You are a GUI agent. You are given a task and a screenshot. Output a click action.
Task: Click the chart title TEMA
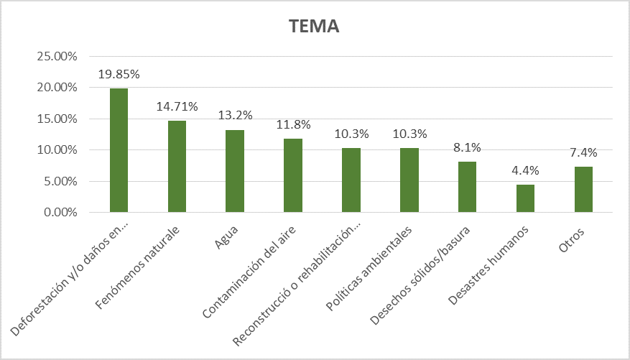[314, 27]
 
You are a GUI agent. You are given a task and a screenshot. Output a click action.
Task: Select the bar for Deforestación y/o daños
[119, 150]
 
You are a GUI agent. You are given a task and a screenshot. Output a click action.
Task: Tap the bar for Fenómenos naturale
[177, 166]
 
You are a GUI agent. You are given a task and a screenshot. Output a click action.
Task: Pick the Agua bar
[235, 171]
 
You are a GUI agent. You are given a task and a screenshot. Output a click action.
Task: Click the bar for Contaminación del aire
[293, 175]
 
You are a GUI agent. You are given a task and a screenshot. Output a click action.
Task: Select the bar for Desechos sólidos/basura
[467, 187]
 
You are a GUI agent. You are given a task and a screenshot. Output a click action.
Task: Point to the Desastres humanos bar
[525, 198]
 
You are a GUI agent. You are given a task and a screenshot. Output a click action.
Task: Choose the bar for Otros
[583, 189]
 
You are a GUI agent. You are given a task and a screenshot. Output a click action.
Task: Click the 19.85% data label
[119, 75]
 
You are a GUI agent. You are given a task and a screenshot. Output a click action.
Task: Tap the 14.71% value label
[177, 107]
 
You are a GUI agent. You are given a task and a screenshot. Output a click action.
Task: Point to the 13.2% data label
[235, 116]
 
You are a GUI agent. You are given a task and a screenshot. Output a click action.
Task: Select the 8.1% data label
[467, 148]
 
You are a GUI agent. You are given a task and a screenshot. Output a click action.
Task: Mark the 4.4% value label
[525, 171]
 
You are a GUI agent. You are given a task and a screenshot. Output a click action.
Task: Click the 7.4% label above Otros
[583, 152]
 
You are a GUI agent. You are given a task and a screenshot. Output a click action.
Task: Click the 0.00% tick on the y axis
[61, 213]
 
